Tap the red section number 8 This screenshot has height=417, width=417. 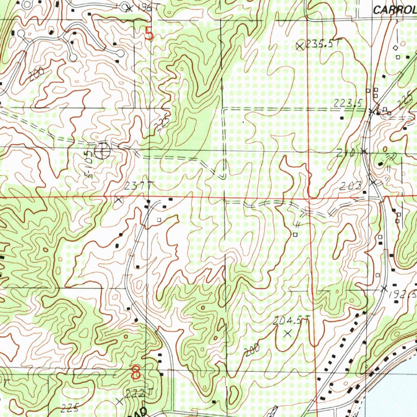[136, 371]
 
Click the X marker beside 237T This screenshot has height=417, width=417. [119, 200]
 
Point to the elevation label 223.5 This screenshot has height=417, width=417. [348, 104]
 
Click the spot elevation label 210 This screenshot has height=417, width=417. [346, 153]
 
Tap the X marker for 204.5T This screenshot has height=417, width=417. [288, 333]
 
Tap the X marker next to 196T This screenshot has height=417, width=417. [129, 8]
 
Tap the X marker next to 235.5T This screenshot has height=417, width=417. [300, 46]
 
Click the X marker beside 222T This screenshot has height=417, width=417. [119, 402]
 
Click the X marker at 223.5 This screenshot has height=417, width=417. [371, 111]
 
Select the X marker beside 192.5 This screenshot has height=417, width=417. [383, 288]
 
